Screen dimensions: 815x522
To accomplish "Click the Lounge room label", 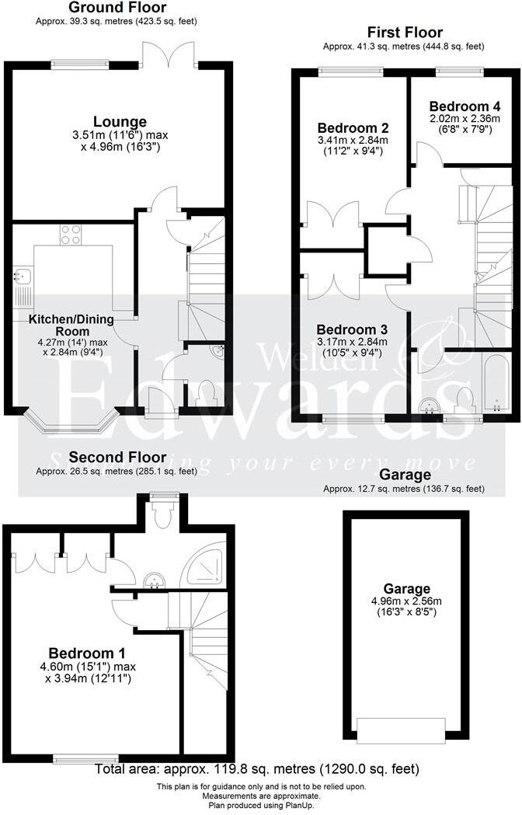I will [x=120, y=121].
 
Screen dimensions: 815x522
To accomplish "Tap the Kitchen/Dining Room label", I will [x=71, y=319].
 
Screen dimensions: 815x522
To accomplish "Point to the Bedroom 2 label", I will [x=353, y=127].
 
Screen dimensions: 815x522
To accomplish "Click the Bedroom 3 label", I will [x=353, y=329].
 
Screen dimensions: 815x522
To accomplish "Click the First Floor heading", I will [x=405, y=32].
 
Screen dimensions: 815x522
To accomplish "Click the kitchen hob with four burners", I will [x=71, y=235].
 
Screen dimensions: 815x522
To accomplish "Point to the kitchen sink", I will [x=21, y=275].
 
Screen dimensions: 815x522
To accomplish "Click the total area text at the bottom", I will [x=257, y=770].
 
